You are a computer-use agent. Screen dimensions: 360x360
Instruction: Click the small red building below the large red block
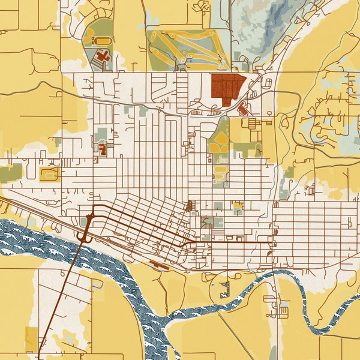[243, 109]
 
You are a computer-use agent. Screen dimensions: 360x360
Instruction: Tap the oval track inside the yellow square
[48, 174]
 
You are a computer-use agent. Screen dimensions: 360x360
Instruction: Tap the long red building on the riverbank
[158, 264]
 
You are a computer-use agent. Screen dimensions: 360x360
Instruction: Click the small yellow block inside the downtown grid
[238, 206]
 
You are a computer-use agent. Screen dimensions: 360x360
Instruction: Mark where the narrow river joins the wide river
[168, 318]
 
